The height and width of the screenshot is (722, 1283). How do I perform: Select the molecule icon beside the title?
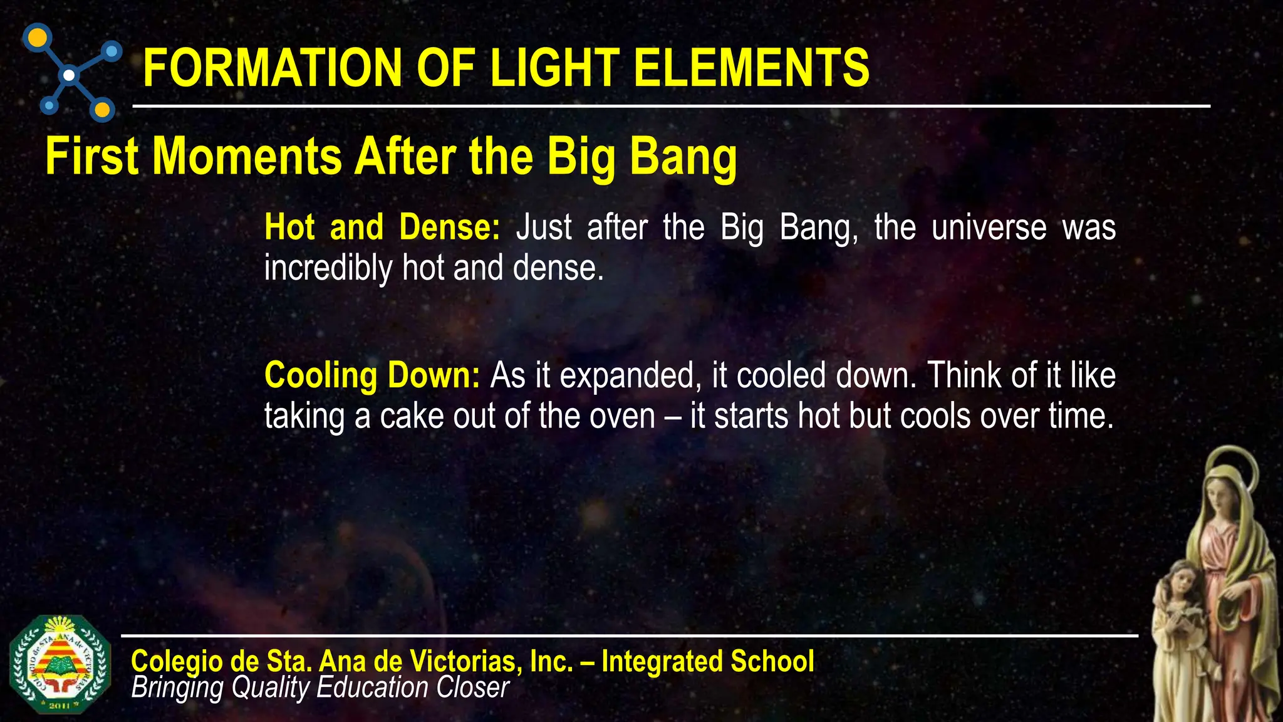71,73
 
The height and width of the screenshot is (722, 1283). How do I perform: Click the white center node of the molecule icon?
70,75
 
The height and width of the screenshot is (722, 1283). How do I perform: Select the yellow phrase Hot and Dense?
382,227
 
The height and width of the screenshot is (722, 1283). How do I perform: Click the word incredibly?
328,268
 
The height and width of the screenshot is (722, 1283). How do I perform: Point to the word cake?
410,416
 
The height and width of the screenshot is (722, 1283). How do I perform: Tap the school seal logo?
60,664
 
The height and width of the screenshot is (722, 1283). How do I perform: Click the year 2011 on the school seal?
59,706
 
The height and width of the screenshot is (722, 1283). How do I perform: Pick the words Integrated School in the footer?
707,661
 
